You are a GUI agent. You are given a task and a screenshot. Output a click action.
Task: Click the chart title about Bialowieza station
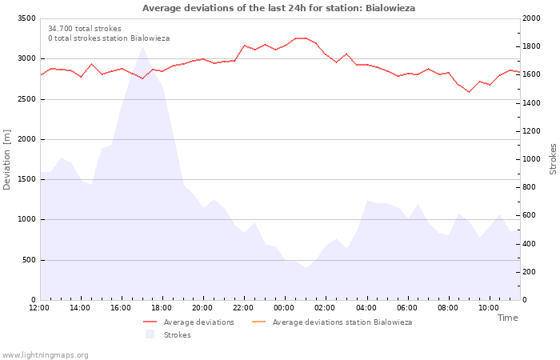tap(278, 8)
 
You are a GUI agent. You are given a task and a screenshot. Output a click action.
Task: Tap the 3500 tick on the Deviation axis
tap(26, 18)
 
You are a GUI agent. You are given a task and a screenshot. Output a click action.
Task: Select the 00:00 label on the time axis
tap(284, 308)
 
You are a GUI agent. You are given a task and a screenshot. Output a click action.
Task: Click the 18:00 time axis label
tap(162, 308)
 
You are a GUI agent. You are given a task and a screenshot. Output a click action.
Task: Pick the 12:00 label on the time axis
tap(39, 308)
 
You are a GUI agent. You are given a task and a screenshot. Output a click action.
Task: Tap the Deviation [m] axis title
tap(6, 159)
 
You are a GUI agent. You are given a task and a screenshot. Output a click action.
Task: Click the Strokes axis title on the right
tap(553, 159)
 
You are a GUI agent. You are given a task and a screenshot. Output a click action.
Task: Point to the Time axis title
tap(508, 318)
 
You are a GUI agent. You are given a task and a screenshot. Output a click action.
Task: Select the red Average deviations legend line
tap(150, 322)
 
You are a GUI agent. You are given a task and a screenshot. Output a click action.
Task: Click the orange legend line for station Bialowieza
tap(259, 322)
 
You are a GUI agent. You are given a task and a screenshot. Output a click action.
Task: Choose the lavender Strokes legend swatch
tap(150, 334)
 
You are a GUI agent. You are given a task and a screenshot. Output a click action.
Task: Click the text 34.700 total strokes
tap(85, 29)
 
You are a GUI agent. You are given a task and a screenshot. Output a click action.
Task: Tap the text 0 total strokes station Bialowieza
tap(109, 38)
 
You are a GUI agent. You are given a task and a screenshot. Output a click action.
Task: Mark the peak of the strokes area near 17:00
tap(143, 46)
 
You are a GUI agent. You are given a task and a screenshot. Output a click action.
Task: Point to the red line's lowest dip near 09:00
tap(469, 92)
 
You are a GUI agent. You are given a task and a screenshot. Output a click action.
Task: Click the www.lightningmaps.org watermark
tap(45, 355)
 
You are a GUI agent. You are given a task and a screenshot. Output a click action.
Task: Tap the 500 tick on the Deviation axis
tap(29, 260)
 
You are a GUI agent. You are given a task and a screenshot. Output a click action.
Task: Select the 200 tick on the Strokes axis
tap(530, 272)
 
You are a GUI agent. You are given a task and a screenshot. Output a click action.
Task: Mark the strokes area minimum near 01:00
tap(306, 268)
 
